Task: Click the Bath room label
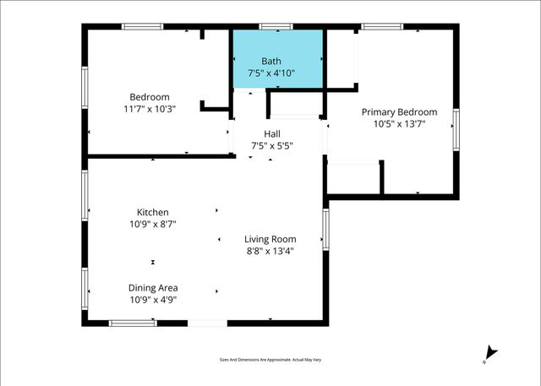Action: (x=271, y=61)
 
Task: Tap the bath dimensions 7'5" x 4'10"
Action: (x=271, y=73)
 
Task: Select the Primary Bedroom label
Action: (x=399, y=112)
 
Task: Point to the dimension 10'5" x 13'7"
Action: (x=399, y=124)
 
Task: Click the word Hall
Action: (x=271, y=133)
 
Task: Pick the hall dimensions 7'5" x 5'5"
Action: (x=271, y=146)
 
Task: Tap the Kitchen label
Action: (x=153, y=212)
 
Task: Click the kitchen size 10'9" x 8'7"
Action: (x=153, y=224)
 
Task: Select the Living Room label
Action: (x=270, y=239)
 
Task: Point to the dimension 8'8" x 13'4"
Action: (x=270, y=251)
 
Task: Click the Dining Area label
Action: (x=153, y=288)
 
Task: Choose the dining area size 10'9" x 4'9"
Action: (x=153, y=300)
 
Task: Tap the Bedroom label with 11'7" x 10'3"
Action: (x=150, y=96)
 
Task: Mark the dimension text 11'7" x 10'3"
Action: (x=150, y=109)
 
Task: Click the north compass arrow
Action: (x=492, y=353)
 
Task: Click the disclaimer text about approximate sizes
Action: (x=270, y=358)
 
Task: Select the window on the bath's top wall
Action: (x=270, y=27)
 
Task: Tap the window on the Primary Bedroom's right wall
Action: (x=456, y=129)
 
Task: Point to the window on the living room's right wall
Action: (x=325, y=231)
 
